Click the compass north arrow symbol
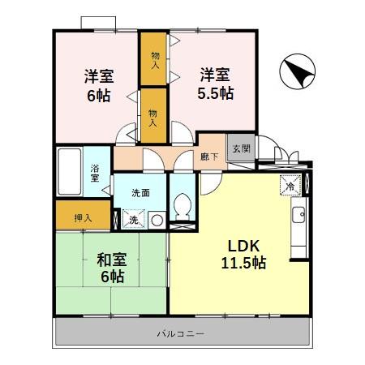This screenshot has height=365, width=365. point(297,74)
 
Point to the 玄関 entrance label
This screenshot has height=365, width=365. point(241,148)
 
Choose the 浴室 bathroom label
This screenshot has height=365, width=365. point(95,172)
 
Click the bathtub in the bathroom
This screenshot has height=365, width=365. point(69,172)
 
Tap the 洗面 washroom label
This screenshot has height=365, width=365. point(140,193)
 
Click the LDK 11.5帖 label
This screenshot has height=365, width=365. point(241,254)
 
